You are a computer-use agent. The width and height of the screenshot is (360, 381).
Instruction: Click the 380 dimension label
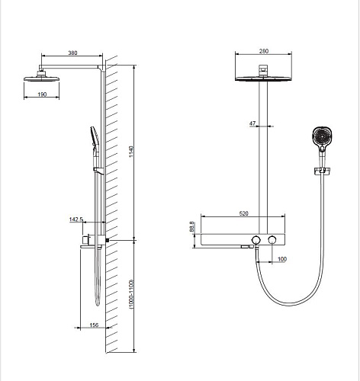72,53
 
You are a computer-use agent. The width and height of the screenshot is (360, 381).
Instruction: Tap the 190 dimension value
42,94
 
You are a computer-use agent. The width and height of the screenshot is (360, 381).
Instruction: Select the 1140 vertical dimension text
131,152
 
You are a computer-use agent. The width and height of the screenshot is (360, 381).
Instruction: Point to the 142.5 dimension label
76,219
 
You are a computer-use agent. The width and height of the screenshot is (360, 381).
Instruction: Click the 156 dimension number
94,325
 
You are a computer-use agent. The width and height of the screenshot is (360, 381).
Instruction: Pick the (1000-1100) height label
131,294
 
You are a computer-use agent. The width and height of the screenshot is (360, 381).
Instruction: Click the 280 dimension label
264,51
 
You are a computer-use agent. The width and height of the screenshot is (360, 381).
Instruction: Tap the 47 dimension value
252,123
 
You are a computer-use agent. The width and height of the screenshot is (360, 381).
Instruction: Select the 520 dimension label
243,213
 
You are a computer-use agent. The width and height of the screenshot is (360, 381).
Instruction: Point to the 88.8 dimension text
192,226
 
